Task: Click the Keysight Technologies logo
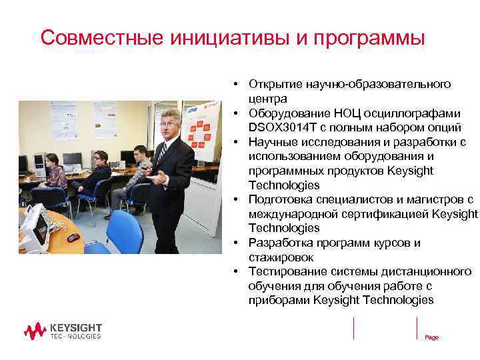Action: (x=63, y=331)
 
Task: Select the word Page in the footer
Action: (x=432, y=337)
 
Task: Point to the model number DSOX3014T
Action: (x=279, y=127)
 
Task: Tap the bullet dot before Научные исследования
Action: (x=237, y=142)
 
